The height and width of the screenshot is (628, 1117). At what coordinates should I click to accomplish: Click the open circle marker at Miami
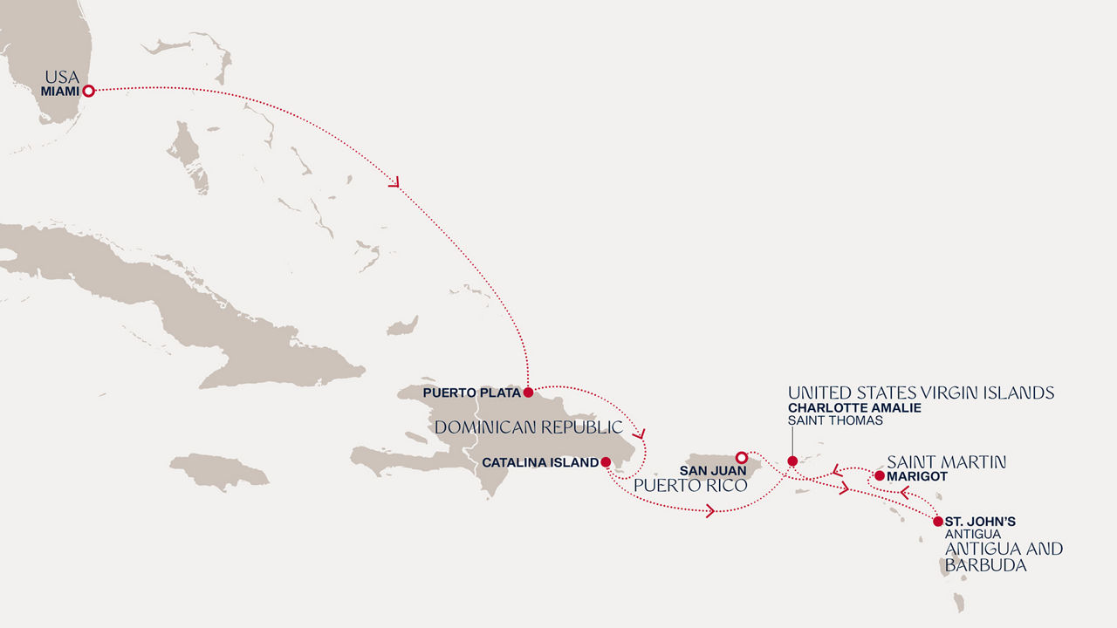(x=88, y=90)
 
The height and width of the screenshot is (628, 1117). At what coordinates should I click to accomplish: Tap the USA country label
(x=62, y=78)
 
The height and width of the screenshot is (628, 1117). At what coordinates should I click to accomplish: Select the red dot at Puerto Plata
(x=528, y=392)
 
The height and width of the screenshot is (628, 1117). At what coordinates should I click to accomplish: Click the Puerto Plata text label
(x=470, y=393)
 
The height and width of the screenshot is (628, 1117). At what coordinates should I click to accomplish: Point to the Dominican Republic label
(x=528, y=427)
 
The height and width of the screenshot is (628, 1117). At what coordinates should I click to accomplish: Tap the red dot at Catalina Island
(x=606, y=462)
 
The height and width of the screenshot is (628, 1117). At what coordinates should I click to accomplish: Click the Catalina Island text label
(x=539, y=463)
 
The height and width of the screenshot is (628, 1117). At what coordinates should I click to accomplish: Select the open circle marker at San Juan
(x=741, y=457)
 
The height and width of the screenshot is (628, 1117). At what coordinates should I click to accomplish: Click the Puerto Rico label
(x=690, y=485)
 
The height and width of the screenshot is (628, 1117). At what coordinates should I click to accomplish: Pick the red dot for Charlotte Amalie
(x=792, y=461)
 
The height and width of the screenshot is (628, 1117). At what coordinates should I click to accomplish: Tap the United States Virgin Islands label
(x=921, y=392)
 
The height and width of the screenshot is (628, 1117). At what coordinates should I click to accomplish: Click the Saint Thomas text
(x=835, y=420)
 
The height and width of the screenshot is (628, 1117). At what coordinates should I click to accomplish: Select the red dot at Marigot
(x=879, y=475)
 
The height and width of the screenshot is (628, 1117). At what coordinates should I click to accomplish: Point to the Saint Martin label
(x=946, y=462)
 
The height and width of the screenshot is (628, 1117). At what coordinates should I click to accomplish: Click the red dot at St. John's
(x=937, y=522)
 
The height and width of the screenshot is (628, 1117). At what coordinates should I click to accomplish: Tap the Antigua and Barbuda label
(x=1004, y=556)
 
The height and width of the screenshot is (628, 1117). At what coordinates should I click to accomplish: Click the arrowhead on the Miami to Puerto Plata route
(x=394, y=183)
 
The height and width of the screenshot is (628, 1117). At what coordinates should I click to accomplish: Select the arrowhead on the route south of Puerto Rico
(x=710, y=511)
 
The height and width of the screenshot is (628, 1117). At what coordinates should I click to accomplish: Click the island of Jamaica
(x=218, y=471)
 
